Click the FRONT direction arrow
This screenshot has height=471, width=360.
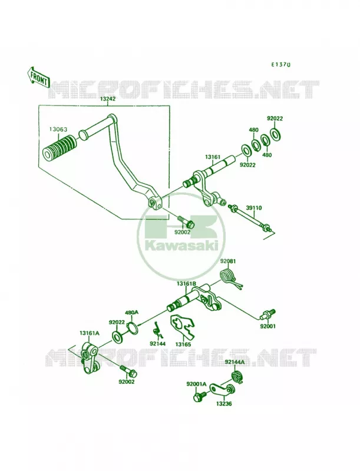(38, 77)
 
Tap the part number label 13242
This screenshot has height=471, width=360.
(108, 99)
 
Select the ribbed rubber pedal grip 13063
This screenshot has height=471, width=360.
(59, 145)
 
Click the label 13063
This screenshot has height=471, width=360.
(58, 130)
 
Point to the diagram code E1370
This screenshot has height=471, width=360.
(281, 64)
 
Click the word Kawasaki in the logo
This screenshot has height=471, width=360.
(181, 246)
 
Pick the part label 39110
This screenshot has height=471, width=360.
(254, 208)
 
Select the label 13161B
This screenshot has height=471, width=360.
(186, 284)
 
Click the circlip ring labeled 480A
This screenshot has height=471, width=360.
(133, 327)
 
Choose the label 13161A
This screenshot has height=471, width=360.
(89, 333)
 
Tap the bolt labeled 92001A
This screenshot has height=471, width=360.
(200, 396)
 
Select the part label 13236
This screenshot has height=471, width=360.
(224, 404)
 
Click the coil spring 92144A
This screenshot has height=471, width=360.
(237, 376)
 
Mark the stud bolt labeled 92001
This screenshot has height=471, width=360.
(267, 314)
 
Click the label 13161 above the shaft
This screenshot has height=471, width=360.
(213, 157)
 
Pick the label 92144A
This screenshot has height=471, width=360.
(235, 362)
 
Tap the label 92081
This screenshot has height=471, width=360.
(228, 261)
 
